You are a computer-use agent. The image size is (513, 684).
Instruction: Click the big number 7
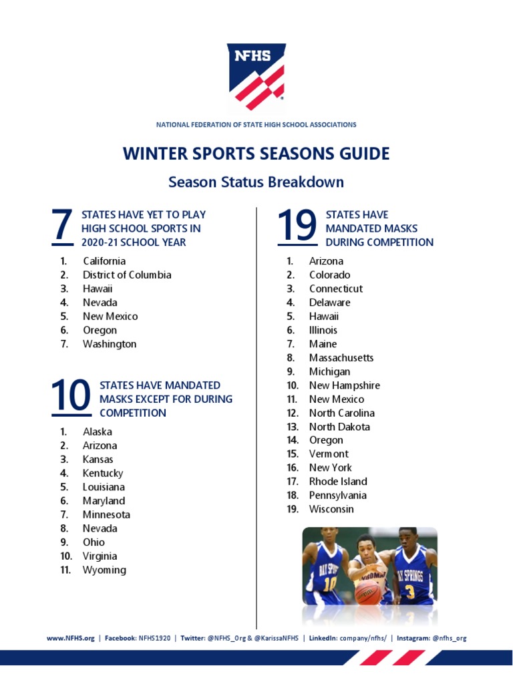pyautogui.click(x=61, y=226)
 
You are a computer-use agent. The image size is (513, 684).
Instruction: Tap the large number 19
pyautogui.click(x=297, y=226)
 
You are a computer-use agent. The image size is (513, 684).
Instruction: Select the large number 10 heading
pyautogui.click(x=70, y=397)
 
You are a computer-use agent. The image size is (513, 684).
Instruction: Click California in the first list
pyautogui.click(x=104, y=261)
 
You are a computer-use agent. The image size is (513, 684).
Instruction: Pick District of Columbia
pyautogui.click(x=127, y=275)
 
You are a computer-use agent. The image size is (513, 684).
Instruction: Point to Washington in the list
pyautogui.click(x=110, y=344)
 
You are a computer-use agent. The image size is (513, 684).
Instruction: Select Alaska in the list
pyautogui.click(x=98, y=432)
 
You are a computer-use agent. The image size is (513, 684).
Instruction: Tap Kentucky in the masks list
pyautogui.click(x=103, y=473)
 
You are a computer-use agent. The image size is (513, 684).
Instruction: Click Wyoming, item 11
pyautogui.click(x=104, y=570)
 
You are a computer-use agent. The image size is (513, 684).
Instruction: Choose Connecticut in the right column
pyautogui.click(x=336, y=289)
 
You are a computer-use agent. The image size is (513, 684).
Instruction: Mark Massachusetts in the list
pyautogui.click(x=341, y=358)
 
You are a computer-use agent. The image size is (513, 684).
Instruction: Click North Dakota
pyautogui.click(x=339, y=427)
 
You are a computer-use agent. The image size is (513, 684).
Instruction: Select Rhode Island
pyautogui.click(x=338, y=482)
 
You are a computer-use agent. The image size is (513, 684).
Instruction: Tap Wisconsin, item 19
pyautogui.click(x=331, y=509)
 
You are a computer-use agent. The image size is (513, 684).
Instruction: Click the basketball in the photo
pyautogui.click(x=367, y=592)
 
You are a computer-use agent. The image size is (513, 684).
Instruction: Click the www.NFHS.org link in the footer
pyautogui.click(x=70, y=638)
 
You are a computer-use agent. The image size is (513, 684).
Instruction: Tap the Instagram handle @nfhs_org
pyautogui.click(x=449, y=638)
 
